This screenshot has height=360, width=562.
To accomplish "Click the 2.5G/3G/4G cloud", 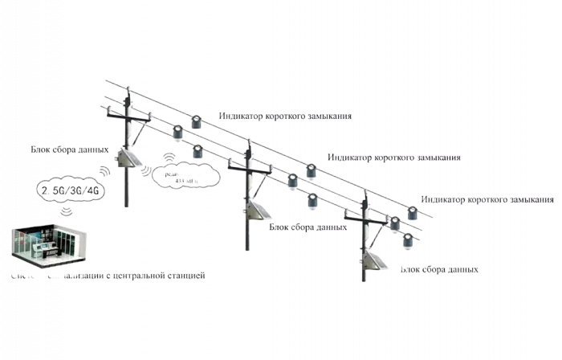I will (70, 190).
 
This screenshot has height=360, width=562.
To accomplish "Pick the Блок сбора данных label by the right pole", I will (440, 270).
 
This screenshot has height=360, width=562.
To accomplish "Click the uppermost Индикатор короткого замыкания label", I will (284, 116).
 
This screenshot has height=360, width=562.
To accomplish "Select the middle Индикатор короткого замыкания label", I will (395, 157).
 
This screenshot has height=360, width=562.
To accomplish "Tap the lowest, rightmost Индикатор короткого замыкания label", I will (490, 198).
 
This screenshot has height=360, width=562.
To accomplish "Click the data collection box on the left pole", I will (126, 163).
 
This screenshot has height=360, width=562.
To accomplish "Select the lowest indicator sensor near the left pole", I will (197, 153).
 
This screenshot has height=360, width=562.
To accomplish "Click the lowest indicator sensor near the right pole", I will (409, 239).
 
